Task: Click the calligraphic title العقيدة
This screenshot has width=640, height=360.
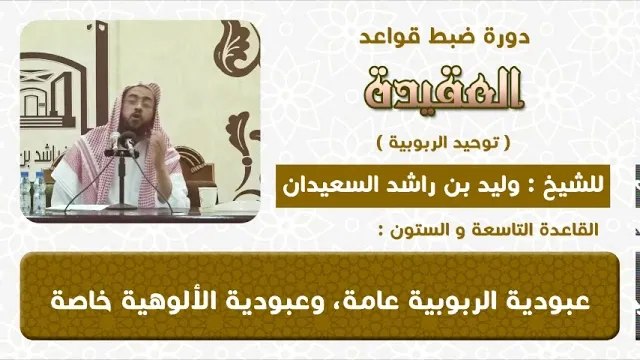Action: pyautogui.click(x=444, y=89)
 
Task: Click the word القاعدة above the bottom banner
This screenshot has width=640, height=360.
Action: pyautogui.click(x=570, y=230)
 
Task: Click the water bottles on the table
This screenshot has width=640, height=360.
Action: pyautogui.click(x=33, y=191)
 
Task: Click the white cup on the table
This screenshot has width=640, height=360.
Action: pyautogui.click(x=208, y=198)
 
